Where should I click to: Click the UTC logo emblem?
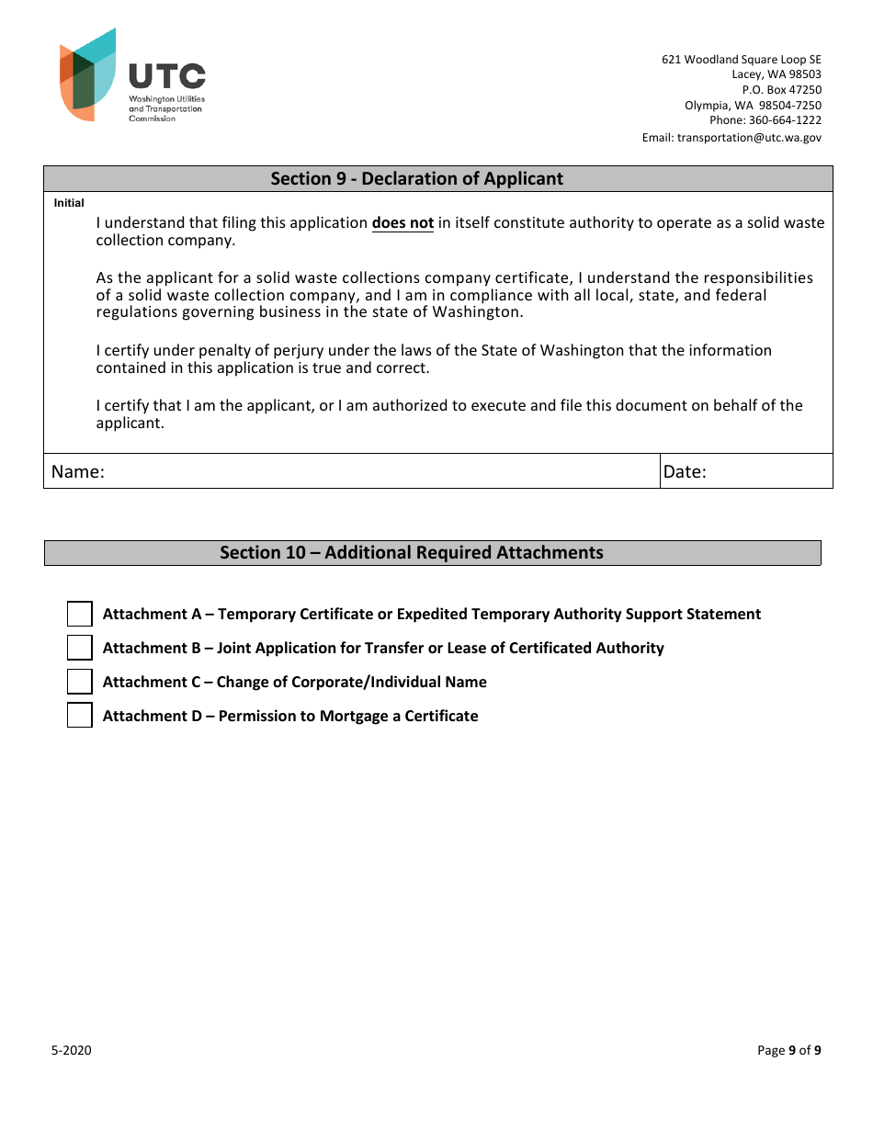point(88,74)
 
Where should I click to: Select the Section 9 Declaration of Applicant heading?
point(416,179)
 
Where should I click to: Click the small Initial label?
point(69,203)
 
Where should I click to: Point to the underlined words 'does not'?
point(402,223)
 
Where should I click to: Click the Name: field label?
point(78,472)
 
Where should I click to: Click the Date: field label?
point(685,472)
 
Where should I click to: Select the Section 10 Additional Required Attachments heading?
point(412,553)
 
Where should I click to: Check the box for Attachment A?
point(80,615)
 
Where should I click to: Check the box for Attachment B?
point(80,649)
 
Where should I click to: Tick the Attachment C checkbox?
point(80,682)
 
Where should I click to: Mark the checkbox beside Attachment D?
point(80,716)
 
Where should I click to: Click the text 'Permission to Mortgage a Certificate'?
point(348,717)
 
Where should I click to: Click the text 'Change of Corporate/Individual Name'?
point(352,683)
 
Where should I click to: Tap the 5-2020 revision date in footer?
point(71,1051)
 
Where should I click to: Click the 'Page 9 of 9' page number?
point(788,1051)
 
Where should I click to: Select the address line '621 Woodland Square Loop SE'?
point(742,60)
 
